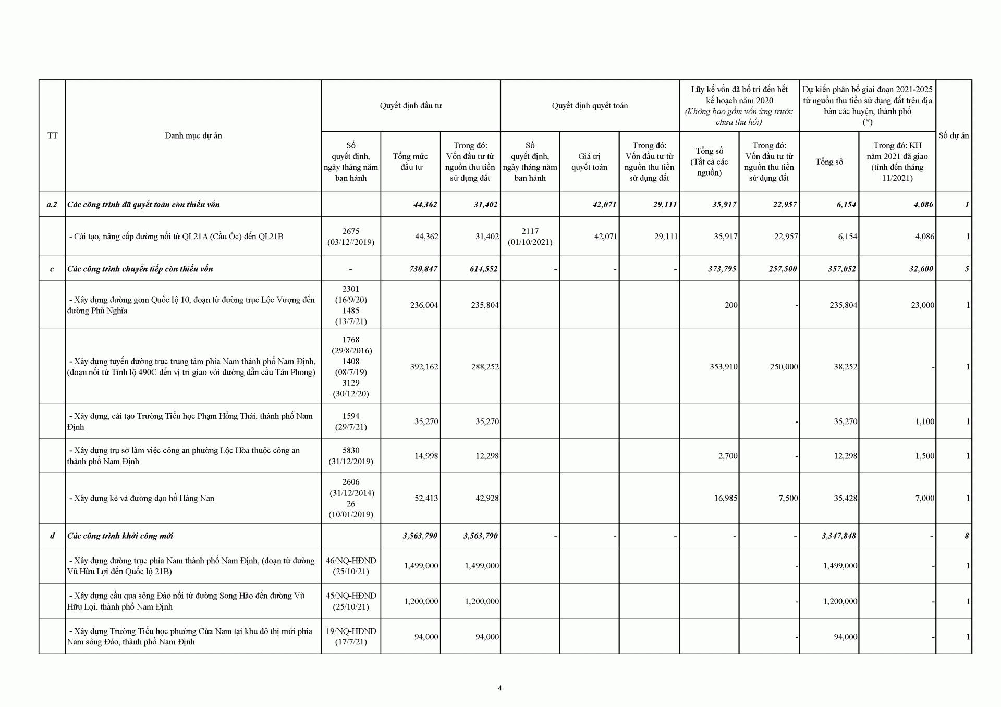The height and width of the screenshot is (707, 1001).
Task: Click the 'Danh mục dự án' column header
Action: (x=193, y=135)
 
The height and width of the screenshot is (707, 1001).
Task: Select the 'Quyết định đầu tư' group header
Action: (x=410, y=106)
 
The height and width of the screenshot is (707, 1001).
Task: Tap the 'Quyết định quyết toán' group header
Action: (x=590, y=106)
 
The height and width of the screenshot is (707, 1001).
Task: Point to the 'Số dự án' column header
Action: (x=954, y=135)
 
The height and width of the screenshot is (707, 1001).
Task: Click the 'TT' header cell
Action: (x=52, y=135)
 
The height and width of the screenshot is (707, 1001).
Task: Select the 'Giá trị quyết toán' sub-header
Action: (x=589, y=162)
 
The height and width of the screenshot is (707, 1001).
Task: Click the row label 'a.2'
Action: (x=52, y=204)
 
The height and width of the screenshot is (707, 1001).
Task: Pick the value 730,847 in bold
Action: (x=420, y=269)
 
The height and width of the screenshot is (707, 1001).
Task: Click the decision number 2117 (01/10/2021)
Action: (x=530, y=237)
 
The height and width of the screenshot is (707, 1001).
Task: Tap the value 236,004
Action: (x=421, y=305)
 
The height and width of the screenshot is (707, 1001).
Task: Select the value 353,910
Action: (x=724, y=367)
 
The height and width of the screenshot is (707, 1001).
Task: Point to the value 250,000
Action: (x=784, y=367)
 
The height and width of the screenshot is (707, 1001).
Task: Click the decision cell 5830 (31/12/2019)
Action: (x=351, y=456)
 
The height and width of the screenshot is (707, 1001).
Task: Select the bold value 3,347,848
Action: (x=838, y=536)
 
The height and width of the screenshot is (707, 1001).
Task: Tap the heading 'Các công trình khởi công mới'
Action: (x=120, y=536)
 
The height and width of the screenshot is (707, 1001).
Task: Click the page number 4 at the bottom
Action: (x=500, y=688)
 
